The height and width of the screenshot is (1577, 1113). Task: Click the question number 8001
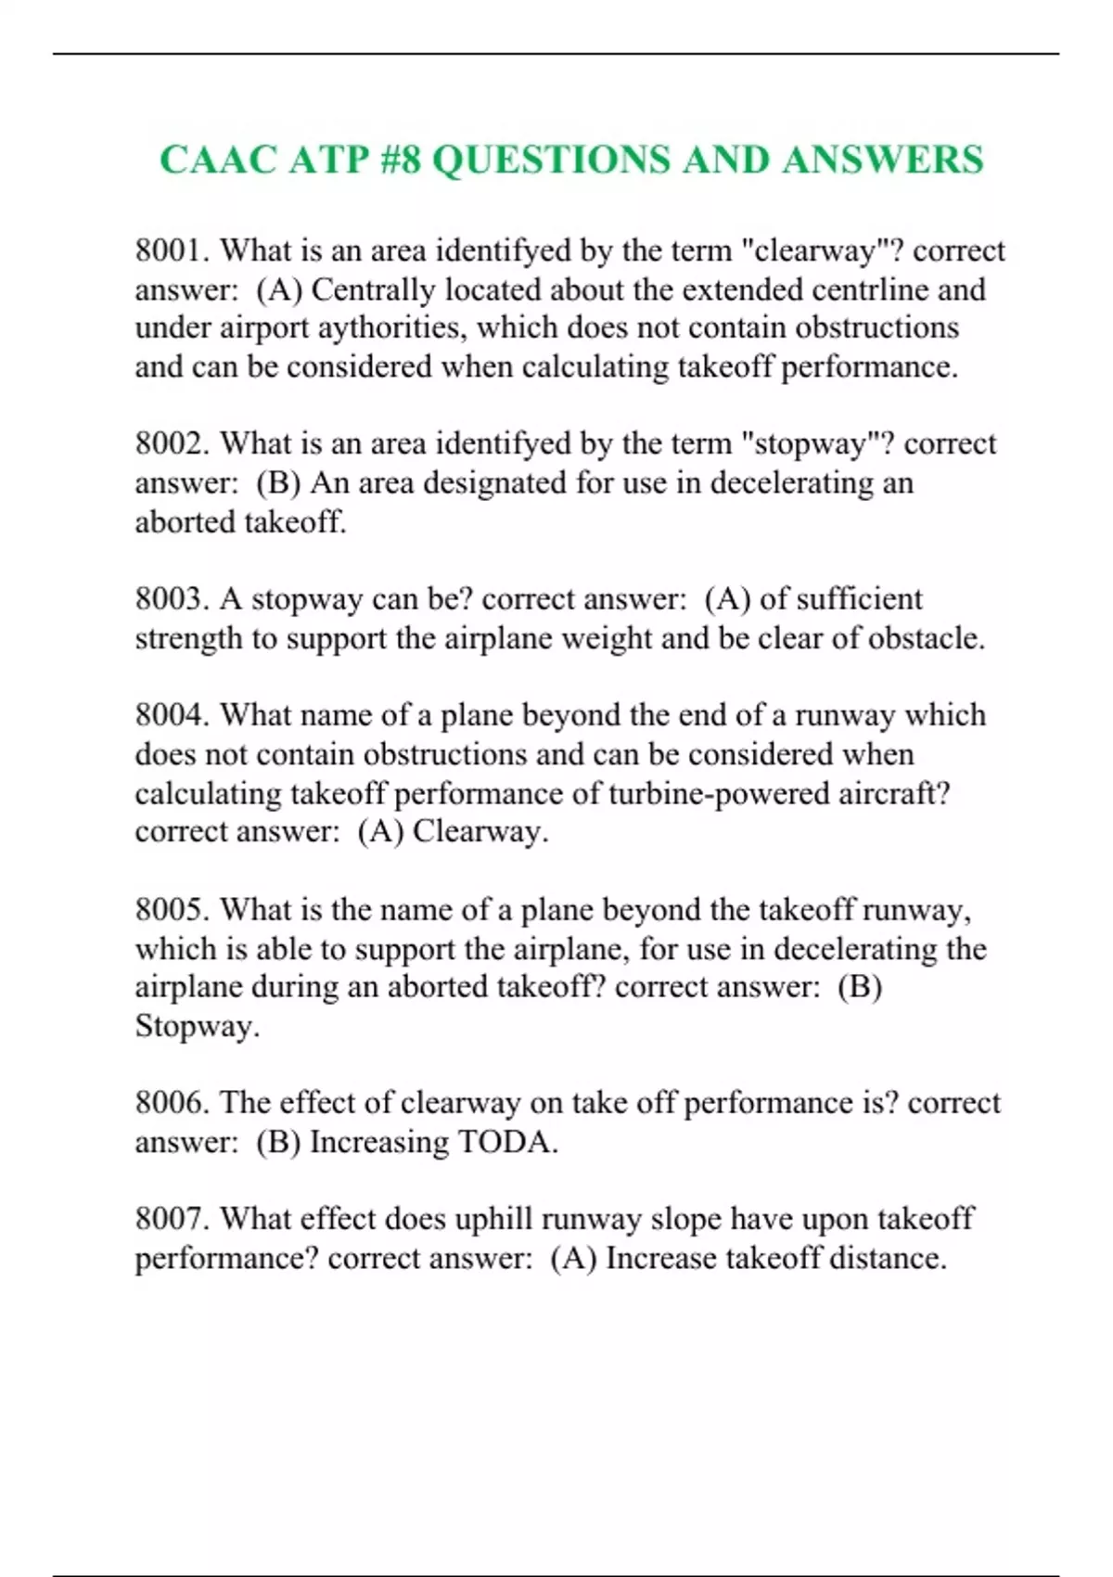click(x=173, y=250)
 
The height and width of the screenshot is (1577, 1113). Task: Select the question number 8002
click(x=173, y=443)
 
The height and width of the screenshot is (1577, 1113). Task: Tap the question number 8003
click(x=173, y=599)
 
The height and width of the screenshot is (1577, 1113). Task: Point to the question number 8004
click(x=173, y=715)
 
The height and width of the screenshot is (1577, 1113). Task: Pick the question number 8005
click(x=173, y=909)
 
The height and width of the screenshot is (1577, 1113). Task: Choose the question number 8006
click(x=173, y=1103)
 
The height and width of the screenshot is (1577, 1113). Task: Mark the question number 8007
click(x=173, y=1219)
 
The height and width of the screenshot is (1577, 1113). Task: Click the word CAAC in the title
click(x=217, y=160)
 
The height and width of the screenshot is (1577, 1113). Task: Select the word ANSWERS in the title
click(x=882, y=160)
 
